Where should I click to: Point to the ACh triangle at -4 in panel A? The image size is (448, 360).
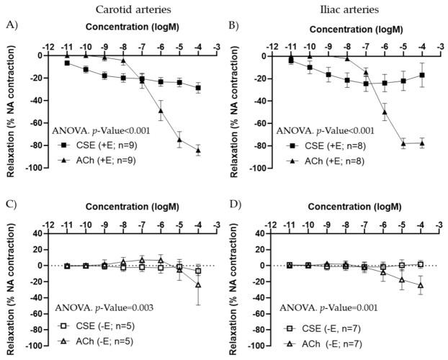click(198, 150)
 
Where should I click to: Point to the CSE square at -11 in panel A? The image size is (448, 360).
click(67, 63)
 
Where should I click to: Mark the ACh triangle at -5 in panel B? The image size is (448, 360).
click(402, 143)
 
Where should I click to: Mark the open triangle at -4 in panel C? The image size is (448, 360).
click(198, 285)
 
